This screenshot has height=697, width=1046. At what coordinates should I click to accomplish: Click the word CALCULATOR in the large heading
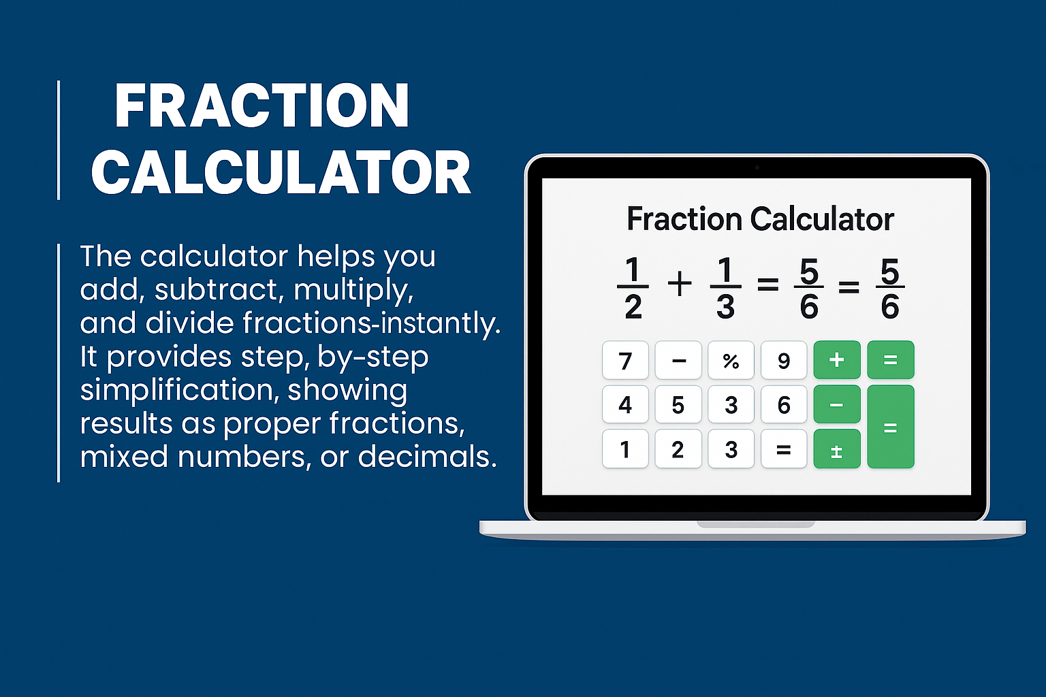pos(281,173)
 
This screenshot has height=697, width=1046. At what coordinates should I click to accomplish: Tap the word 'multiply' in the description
pos(353,291)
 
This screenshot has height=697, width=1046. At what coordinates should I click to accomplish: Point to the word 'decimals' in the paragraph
pos(427,456)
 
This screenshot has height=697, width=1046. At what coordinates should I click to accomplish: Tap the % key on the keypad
pos(731,360)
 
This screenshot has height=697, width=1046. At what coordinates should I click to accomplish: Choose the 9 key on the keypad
pos(784,360)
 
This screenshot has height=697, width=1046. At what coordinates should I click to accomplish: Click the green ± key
pos(837,449)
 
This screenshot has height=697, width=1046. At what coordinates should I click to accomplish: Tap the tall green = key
pos(891,427)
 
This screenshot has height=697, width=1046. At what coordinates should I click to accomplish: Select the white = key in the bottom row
pos(784,449)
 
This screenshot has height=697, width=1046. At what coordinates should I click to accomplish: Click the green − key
pos(837,404)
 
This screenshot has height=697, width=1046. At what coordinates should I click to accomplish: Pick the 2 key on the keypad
pos(678,449)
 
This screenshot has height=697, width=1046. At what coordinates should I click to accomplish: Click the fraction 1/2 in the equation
pos(633,287)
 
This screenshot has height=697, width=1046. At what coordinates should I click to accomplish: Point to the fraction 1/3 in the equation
pos(725,287)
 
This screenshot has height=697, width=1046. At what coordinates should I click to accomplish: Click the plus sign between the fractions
pos(680,285)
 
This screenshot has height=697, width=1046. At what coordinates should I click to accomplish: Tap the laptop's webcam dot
pos(757,167)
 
